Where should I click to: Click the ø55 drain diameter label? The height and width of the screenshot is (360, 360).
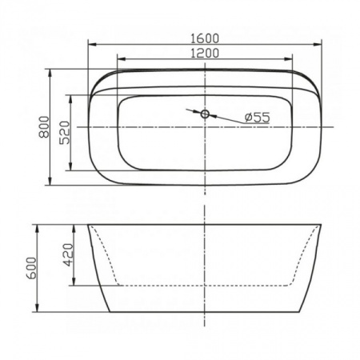click(x=256, y=118)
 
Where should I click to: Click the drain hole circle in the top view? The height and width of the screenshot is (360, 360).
click(x=205, y=114)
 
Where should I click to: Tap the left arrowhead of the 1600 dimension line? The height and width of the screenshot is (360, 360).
click(x=89, y=46)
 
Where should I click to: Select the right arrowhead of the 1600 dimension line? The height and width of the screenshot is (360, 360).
click(x=321, y=46)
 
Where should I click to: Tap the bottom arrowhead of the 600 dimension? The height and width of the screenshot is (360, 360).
click(x=38, y=310)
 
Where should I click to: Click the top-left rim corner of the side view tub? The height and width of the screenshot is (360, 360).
click(x=88, y=225)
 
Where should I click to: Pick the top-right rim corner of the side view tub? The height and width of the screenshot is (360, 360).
click(x=322, y=225)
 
